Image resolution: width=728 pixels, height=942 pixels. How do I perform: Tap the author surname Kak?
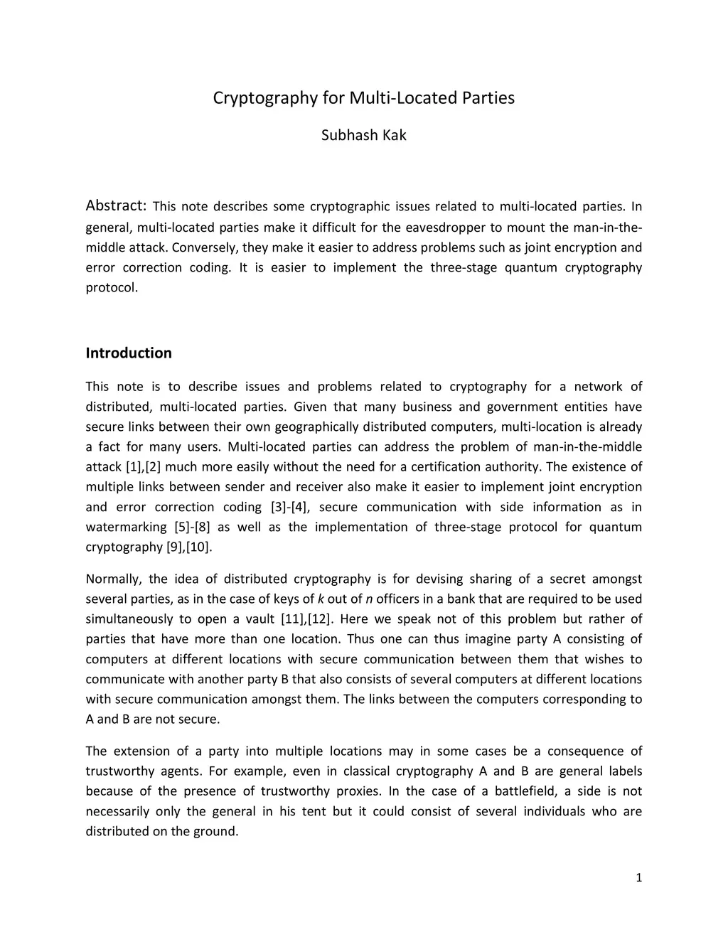393,135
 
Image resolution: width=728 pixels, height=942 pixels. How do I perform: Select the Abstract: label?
116,206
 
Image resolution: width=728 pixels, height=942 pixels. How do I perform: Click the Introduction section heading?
129,353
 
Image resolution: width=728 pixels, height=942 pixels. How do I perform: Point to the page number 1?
638,878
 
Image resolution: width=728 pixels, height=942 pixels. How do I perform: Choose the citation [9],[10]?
188,547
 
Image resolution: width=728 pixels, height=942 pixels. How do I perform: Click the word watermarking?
125,527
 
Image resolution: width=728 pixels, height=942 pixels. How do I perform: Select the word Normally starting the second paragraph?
113,579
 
